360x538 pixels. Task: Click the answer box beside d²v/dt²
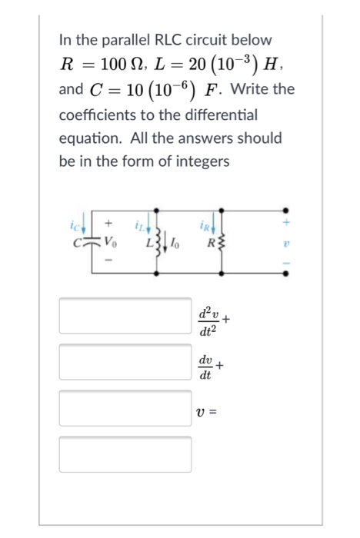point(125,316)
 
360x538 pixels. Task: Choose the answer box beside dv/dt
point(125,362)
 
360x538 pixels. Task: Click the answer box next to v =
point(125,408)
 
